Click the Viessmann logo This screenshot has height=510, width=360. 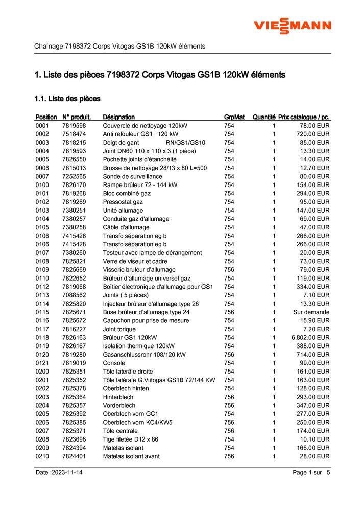tap(293, 26)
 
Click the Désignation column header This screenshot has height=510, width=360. tap(119, 117)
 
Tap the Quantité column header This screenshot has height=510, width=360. tap(264, 117)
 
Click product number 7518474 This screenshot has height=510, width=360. tap(74, 134)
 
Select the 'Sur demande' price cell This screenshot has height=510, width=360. tap(311, 312)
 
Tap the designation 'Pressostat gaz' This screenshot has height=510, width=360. tap(123, 202)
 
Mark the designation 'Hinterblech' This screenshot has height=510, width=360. tap(118, 397)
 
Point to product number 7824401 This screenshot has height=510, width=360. tap(74, 456)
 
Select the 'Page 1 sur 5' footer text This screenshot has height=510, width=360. tap(311, 473)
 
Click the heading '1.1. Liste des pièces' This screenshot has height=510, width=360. tap(67, 98)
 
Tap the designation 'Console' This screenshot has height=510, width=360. tap(114, 363)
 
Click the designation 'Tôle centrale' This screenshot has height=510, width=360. tap(121, 431)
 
